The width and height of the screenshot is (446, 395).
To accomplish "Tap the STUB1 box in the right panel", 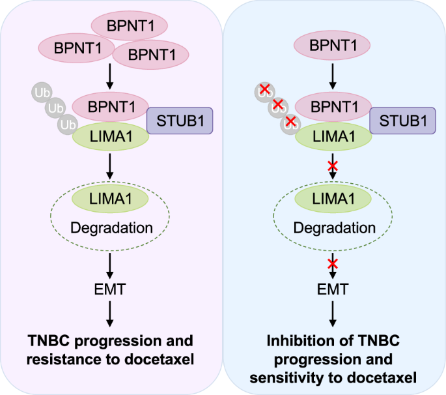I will click(x=402, y=121).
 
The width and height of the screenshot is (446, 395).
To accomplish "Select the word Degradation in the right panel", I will click(x=334, y=229).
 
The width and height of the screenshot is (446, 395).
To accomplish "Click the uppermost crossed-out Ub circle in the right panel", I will click(x=264, y=91).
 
